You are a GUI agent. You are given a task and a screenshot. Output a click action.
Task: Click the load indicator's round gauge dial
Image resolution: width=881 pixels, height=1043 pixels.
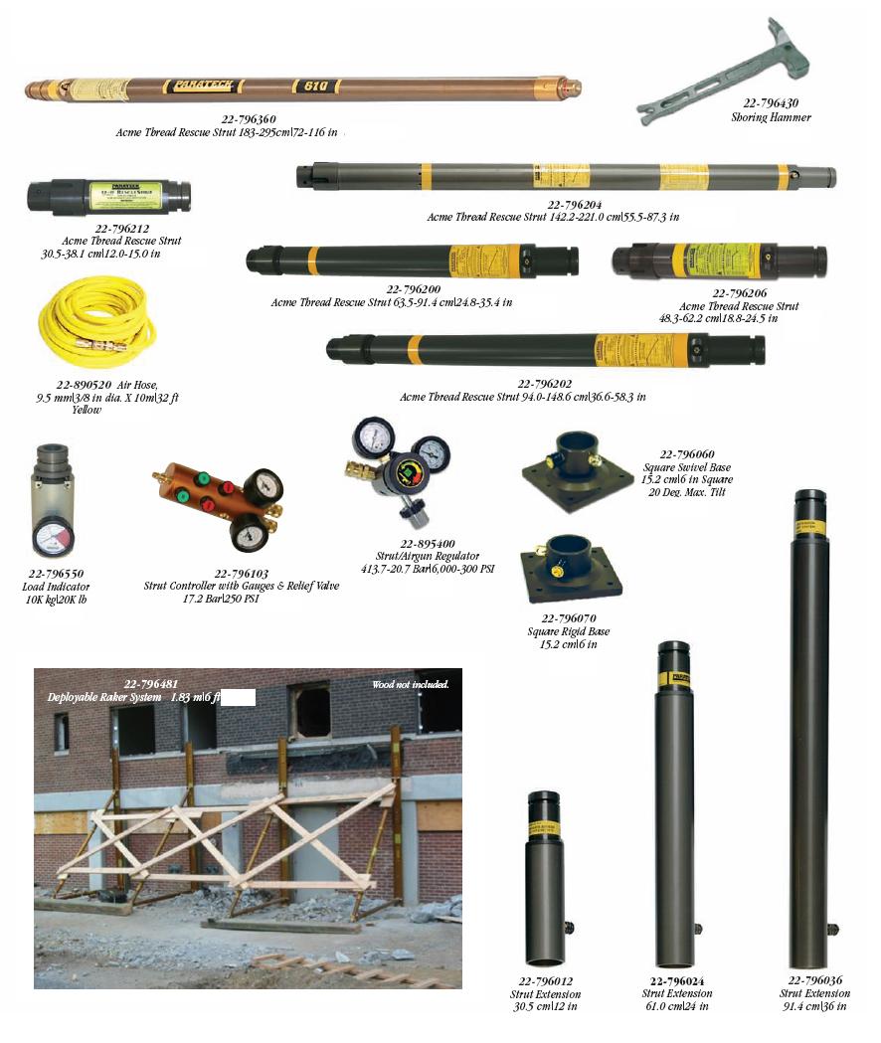52,537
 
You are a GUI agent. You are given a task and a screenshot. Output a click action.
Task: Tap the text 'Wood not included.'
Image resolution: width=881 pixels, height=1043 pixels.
410,684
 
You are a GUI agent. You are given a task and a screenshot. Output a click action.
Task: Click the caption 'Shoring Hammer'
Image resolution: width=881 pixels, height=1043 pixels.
771,116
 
